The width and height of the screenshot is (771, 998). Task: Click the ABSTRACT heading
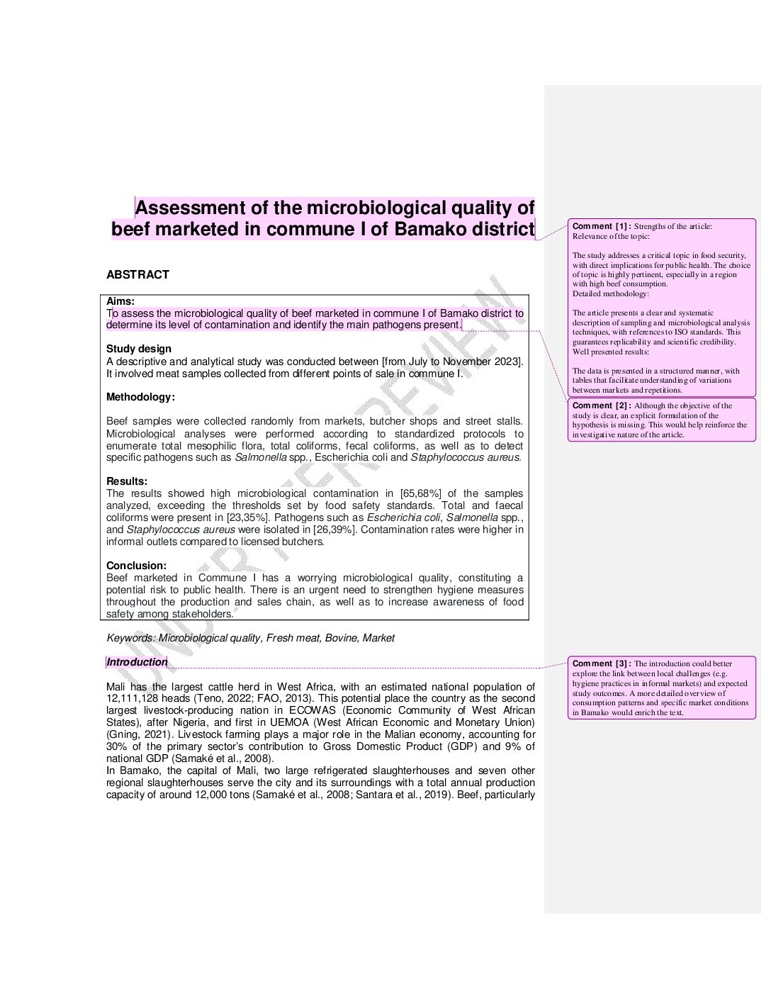coord(137,275)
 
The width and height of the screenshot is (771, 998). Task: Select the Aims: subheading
coord(120,301)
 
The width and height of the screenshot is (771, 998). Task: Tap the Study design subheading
coord(139,349)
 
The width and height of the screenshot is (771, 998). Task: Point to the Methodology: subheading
coord(140,397)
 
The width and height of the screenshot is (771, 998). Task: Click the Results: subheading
coord(127,481)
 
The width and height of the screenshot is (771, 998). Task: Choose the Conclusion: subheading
coord(136,566)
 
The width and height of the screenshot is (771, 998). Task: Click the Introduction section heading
coord(137,662)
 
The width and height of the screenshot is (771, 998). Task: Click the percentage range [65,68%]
coord(421,493)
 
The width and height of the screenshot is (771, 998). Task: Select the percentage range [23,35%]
coord(247,517)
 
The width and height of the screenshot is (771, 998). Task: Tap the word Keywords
coord(130,638)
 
